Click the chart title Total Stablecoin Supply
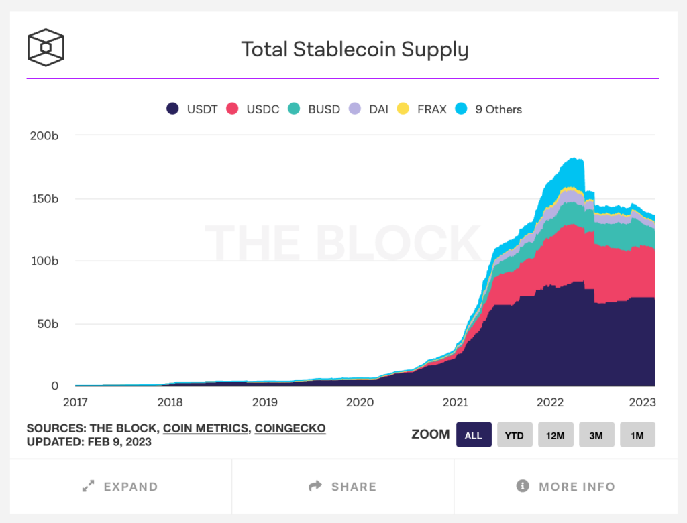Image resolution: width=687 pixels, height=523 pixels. [x=355, y=50]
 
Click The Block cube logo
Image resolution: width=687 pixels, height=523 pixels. [x=46, y=48]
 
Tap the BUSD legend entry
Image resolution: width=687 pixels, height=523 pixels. [x=315, y=109]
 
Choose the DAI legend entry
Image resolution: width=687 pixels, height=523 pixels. [x=371, y=109]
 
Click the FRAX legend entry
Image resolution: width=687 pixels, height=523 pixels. [x=423, y=109]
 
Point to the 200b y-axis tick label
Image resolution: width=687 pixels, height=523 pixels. [x=45, y=136]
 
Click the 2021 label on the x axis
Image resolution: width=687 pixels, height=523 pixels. [x=455, y=402]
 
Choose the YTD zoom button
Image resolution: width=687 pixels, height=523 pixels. [x=514, y=434]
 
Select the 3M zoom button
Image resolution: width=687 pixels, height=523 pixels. [x=596, y=434]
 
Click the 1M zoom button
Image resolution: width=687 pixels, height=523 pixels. [x=637, y=434]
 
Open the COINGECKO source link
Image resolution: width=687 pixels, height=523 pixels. [x=290, y=428]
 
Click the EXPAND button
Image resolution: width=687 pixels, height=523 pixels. [x=121, y=487]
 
